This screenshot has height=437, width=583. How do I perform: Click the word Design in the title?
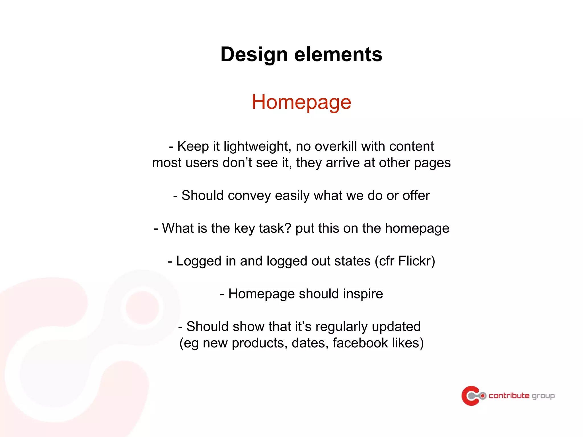coord(254,54)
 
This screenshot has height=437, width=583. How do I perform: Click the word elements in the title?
coord(338,54)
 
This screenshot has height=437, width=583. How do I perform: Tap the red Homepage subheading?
coord(301,102)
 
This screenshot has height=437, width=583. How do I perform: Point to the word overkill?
coord(336,146)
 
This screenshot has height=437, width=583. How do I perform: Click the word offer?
coord(416,195)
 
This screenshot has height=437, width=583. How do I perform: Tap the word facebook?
coord(360,343)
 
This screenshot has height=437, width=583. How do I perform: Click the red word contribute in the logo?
coord(509,395)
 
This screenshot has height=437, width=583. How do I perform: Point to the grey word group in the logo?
coord(543,396)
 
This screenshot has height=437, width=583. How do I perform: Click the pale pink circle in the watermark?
coord(142,307)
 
